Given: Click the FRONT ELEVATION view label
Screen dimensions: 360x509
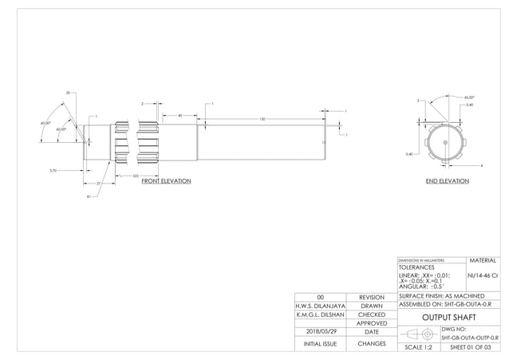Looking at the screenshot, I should click(x=166, y=181).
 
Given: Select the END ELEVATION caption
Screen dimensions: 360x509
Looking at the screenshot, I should click(x=447, y=181).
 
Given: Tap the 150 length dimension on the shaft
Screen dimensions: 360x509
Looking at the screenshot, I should click(x=262, y=119).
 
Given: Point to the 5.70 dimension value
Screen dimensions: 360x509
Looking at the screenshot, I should click(x=53, y=170).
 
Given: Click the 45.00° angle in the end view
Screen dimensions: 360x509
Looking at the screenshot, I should click(x=469, y=97).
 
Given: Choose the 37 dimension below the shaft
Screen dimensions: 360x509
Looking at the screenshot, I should click(x=98, y=184).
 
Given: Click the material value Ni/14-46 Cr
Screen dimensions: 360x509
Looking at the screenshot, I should click(x=483, y=275).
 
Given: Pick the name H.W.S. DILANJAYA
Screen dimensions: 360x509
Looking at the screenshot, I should click(x=320, y=305).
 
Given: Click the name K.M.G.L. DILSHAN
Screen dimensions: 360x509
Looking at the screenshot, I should click(x=320, y=315).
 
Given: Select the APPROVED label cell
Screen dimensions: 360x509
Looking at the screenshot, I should click(x=371, y=323).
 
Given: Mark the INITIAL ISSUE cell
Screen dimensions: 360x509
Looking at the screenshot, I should click(x=319, y=344).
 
